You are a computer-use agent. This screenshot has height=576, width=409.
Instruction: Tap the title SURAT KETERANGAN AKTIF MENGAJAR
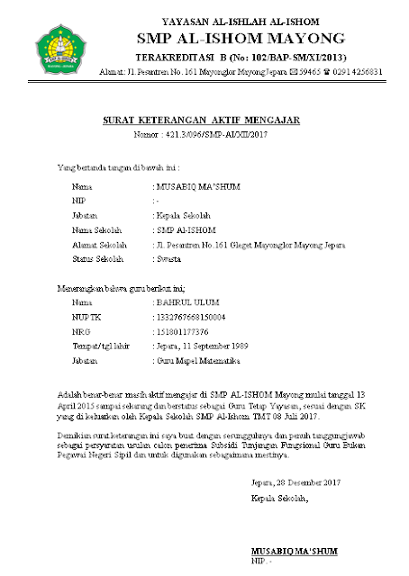(200, 120)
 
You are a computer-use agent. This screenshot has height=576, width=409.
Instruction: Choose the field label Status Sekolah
(97, 259)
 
